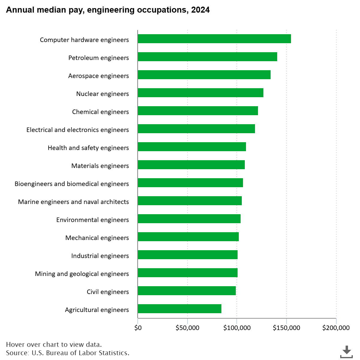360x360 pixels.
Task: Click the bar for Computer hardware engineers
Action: point(214,39)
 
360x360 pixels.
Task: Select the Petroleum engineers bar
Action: point(207,57)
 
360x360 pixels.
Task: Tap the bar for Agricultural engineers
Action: point(179,309)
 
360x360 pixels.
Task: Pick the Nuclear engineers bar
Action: point(200,93)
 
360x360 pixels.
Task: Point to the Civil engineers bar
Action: point(187,291)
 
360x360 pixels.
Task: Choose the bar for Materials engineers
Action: point(191,165)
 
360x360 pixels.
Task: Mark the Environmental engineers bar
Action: point(189,219)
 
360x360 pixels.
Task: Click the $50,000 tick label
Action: point(187,328)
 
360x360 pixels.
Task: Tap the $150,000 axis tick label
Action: point(286,328)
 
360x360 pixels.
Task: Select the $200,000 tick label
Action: point(336,328)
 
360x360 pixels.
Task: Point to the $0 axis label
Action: point(138,328)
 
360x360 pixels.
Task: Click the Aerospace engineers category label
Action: point(98,76)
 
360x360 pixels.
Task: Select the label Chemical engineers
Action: point(100,112)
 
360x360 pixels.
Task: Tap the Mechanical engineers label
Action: point(97,238)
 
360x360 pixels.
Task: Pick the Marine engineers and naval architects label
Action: point(73,202)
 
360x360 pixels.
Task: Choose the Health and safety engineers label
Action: point(88,148)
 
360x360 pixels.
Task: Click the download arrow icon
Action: point(346,351)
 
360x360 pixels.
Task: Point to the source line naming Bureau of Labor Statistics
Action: point(67,353)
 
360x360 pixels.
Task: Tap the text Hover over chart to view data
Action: point(54,344)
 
